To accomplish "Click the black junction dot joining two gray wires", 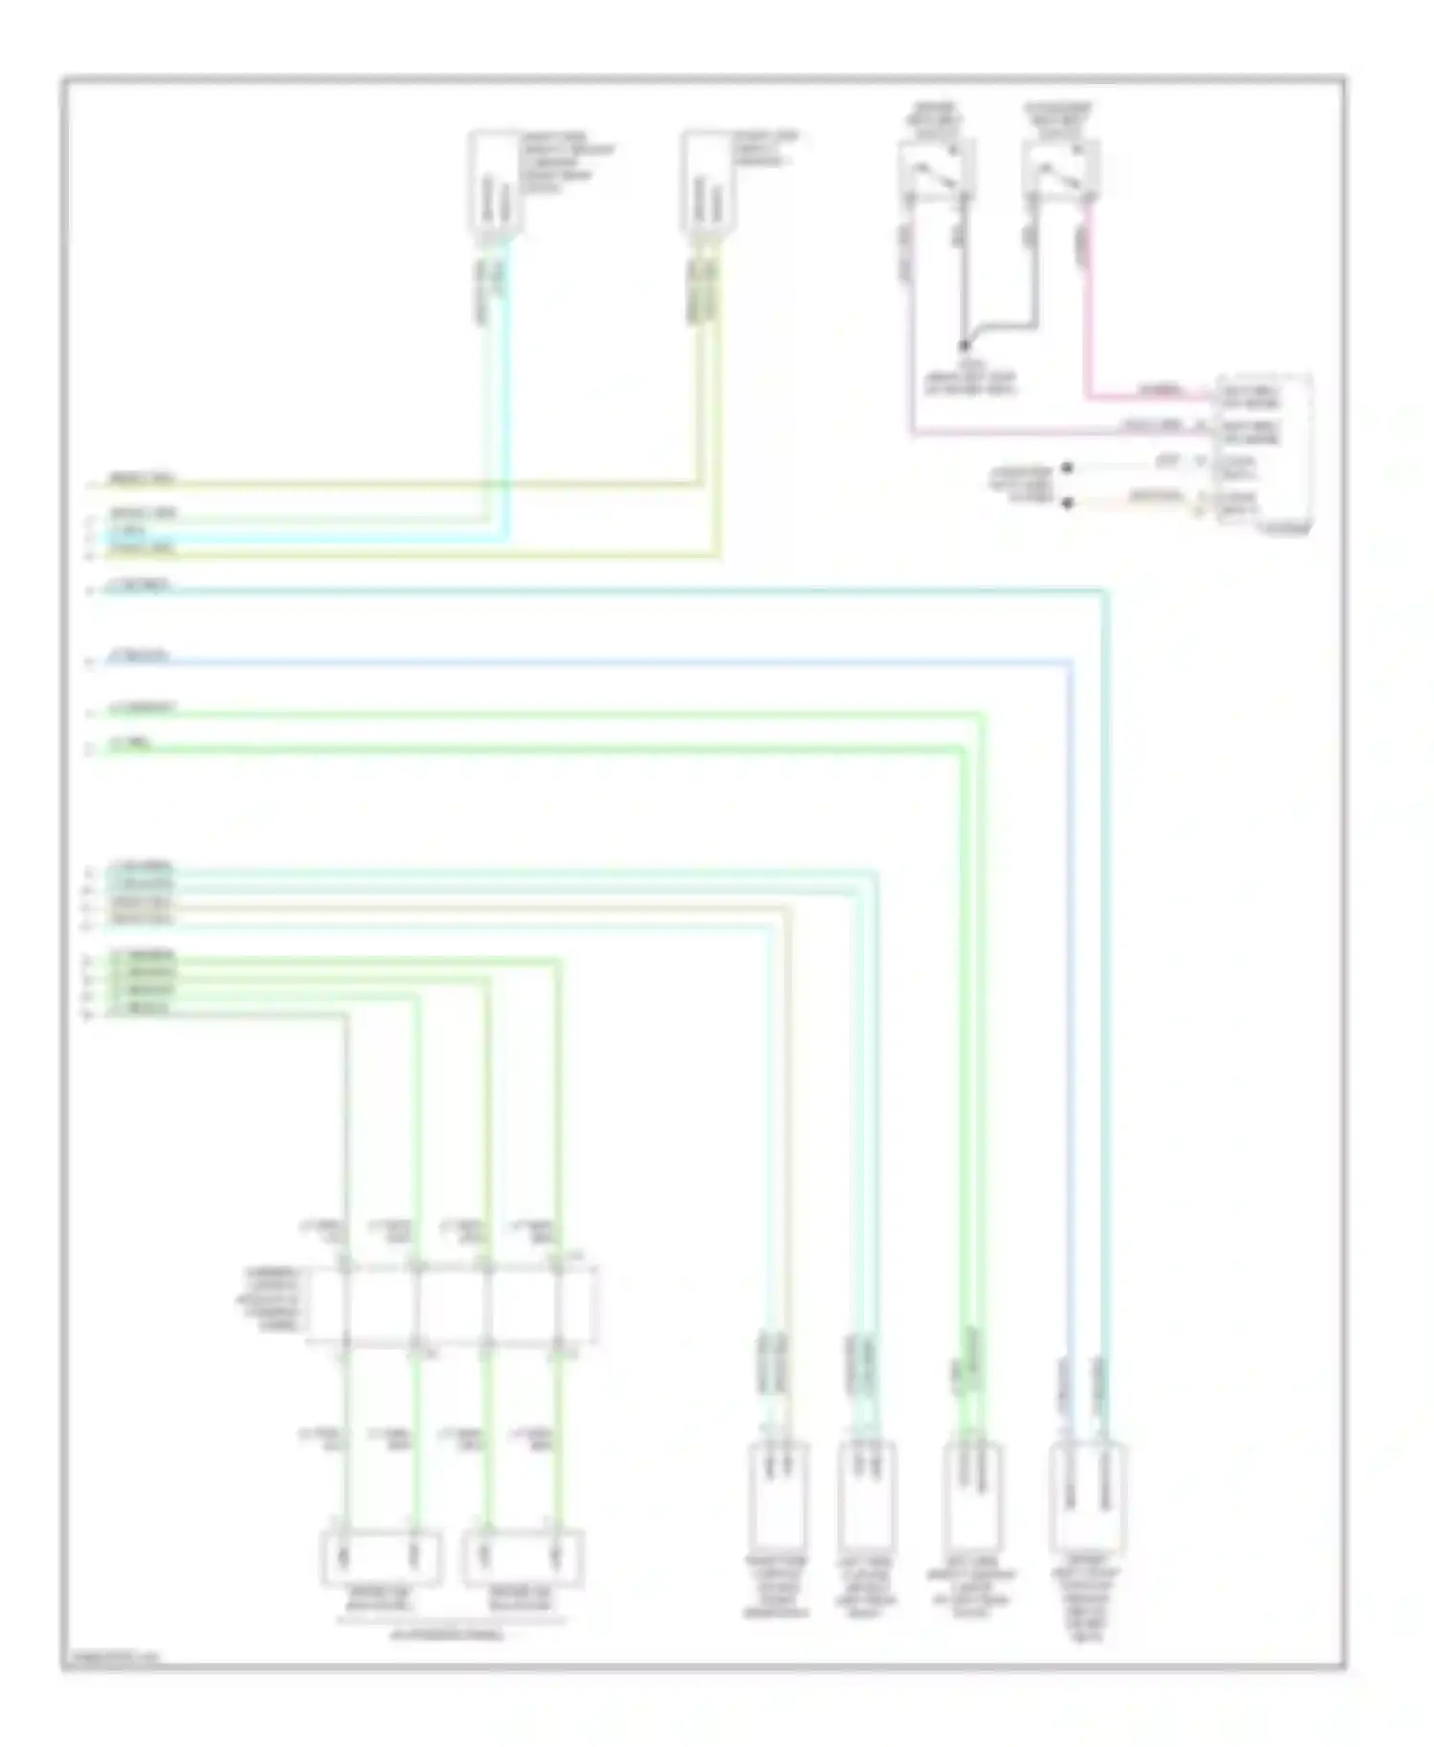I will [964, 346].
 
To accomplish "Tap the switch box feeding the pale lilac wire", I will [935, 171].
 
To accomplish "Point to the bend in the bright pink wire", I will [1088, 396].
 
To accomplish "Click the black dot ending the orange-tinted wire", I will [1068, 503].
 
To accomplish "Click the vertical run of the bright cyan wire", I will [505, 382].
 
